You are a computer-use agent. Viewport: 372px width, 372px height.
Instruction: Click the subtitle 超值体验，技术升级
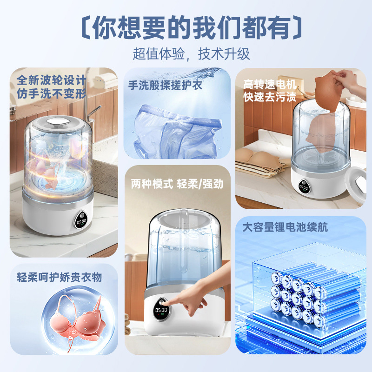click(x=191, y=53)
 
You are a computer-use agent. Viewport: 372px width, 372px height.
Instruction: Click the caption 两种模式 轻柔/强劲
click(x=177, y=184)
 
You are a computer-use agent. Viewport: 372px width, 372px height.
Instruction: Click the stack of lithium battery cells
click(x=295, y=298)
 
